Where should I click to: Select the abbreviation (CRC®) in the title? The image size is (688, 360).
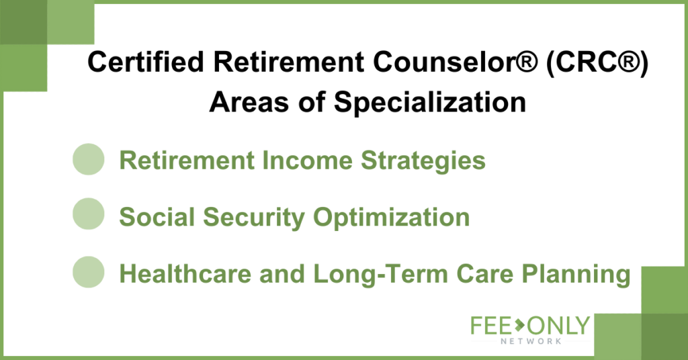[x=597, y=62]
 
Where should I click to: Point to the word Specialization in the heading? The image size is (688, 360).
[x=430, y=103]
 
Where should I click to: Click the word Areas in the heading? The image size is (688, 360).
[x=249, y=102]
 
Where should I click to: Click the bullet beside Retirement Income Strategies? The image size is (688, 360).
[x=89, y=159]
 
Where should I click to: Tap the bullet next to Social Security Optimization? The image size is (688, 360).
[x=89, y=214]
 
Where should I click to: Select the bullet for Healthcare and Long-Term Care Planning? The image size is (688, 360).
[x=89, y=272]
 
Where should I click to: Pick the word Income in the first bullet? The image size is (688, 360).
[x=307, y=160]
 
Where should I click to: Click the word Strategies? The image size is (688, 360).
[x=423, y=161]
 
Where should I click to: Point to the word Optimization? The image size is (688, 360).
[x=392, y=218]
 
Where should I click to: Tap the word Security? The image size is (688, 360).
[x=254, y=218]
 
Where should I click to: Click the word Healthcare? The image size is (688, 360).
[x=185, y=273]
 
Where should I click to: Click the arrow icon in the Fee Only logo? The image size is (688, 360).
[x=520, y=324]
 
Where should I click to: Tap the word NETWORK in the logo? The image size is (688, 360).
[x=531, y=341]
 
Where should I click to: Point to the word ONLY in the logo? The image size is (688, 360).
[x=558, y=325]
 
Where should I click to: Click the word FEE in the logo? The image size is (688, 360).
[x=491, y=325]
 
